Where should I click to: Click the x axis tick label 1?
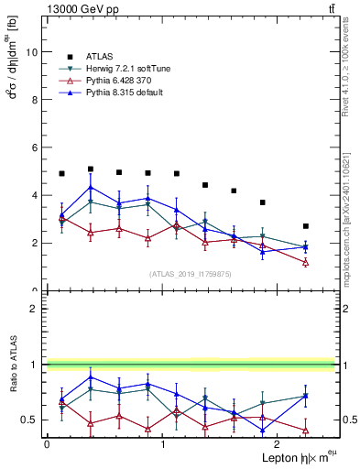click(162, 443)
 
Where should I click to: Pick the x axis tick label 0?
click(46, 443)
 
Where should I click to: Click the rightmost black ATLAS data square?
click(306, 226)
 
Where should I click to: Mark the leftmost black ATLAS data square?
click(61, 173)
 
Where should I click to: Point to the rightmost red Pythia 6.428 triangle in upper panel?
click(306, 262)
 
